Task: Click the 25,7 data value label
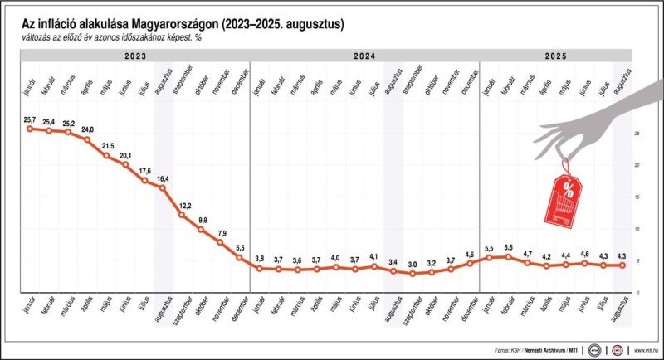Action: pos(30,120)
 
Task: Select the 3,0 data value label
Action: pos(412,265)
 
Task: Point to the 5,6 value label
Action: pos(508,247)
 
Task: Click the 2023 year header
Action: pos(136,56)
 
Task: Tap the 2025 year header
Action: pos(555,56)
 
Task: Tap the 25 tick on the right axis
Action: pos(635,133)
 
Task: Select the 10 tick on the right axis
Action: pos(635,228)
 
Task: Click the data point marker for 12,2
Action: pos(183,215)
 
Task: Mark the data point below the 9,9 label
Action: pos(202,230)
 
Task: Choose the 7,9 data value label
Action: pos(222,233)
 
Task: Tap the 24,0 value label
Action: pos(87,130)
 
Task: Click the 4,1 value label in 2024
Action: pos(373,256)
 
